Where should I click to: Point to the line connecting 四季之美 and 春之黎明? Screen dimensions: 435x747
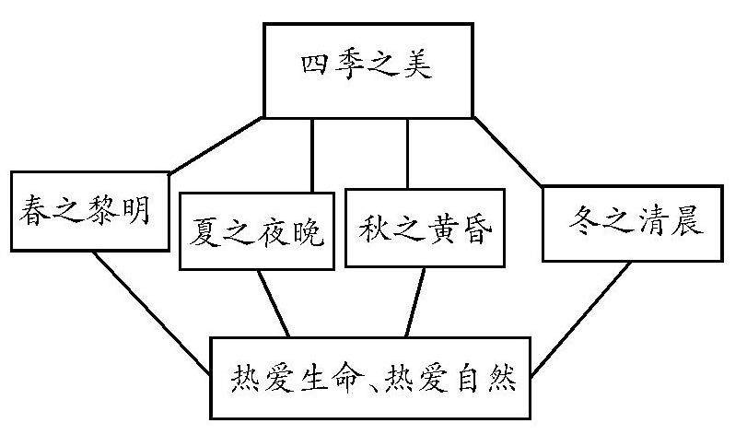(x=217, y=145)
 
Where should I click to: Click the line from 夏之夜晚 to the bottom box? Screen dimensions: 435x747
(x=274, y=303)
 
